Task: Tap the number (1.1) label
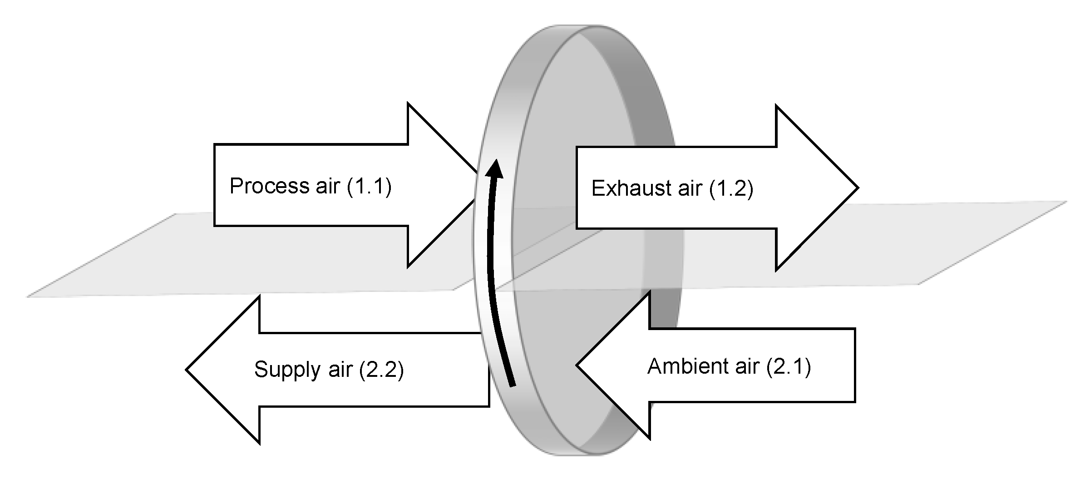point(369,186)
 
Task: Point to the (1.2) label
point(731,188)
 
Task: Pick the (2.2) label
point(381,369)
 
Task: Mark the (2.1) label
point(789,366)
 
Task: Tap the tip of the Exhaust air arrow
point(857,188)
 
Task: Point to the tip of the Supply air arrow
point(187,370)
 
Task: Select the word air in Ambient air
point(747,366)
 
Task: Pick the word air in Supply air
point(340,369)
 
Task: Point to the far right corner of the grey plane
point(1066,201)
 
